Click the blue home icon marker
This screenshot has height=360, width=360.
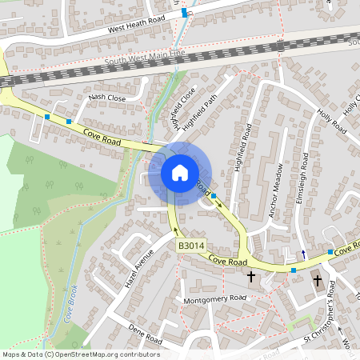point(180,172)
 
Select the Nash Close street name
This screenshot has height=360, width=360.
point(107,98)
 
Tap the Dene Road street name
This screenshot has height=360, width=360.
point(144,335)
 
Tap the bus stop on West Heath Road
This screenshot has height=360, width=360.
point(185,13)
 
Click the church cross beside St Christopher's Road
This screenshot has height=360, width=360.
point(318,281)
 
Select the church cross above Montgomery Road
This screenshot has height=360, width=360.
point(251,277)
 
